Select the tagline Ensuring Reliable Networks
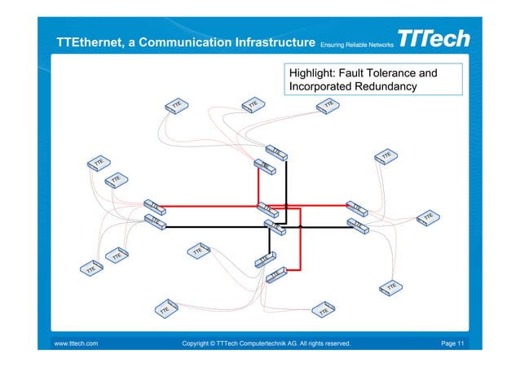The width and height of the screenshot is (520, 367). [357, 44]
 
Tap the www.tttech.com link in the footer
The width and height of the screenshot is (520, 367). [76, 344]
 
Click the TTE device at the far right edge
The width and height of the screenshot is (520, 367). [429, 216]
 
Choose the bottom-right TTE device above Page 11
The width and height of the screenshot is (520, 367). [392, 287]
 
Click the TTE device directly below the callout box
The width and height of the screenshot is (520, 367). [328, 106]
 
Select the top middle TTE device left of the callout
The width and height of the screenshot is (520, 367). [253, 105]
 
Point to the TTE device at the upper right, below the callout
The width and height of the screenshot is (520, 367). [386, 155]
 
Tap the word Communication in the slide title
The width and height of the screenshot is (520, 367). [174, 42]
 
